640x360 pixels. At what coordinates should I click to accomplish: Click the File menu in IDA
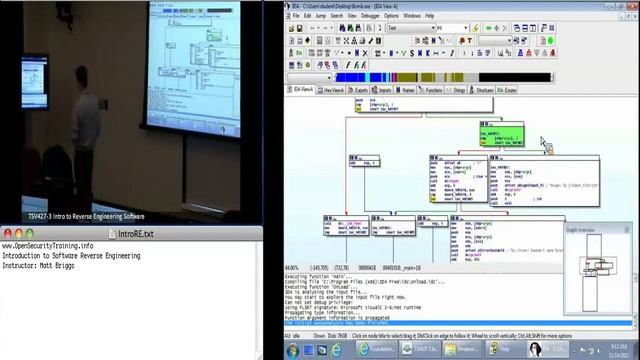(295, 16)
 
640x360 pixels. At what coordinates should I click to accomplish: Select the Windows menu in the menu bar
(412, 16)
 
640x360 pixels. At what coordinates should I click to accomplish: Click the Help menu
(430, 16)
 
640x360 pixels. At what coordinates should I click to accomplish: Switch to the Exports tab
(361, 90)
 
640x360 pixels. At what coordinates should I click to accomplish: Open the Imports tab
(384, 90)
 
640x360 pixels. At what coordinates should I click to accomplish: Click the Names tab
(407, 90)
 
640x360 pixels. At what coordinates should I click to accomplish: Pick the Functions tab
(433, 90)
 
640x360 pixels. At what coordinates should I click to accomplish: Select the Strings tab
(459, 90)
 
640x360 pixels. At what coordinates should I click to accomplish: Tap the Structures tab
(484, 90)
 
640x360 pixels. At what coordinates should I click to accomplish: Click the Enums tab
(510, 90)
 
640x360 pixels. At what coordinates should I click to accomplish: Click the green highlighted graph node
(502, 135)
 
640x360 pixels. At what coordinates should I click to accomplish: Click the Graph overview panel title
(583, 230)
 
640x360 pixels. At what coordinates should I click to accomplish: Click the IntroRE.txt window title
(136, 234)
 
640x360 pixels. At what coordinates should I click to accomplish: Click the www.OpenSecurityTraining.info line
(47, 246)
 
